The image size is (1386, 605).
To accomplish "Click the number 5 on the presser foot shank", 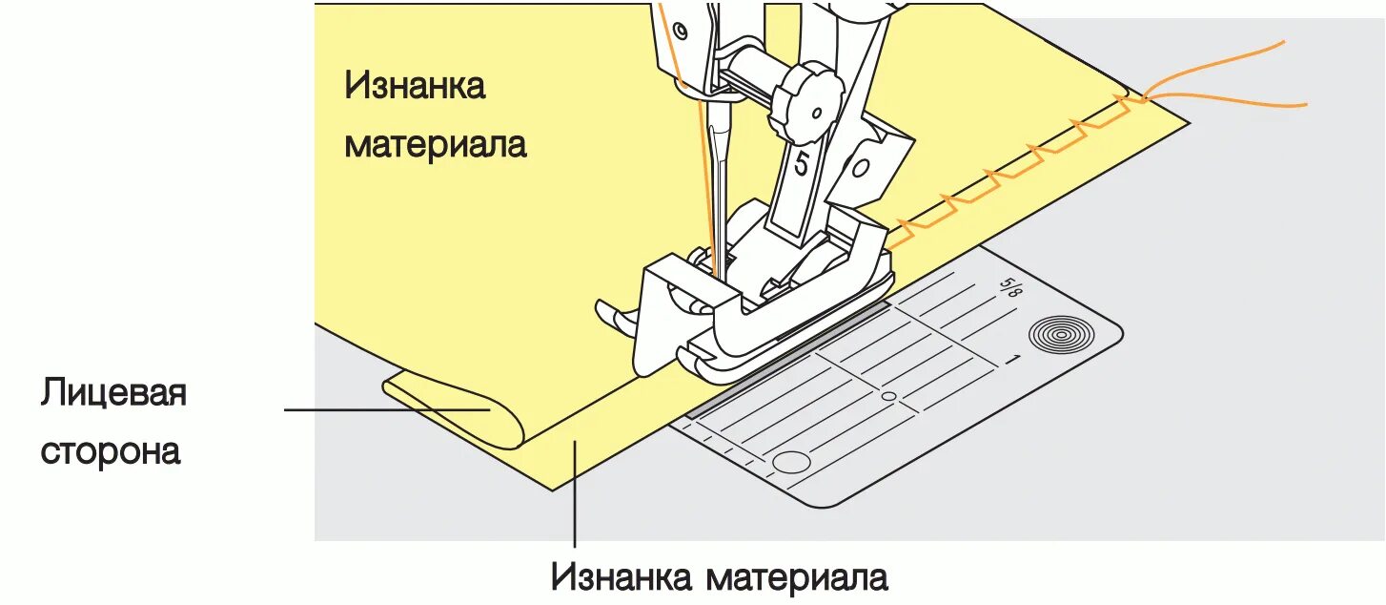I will pos(801,165).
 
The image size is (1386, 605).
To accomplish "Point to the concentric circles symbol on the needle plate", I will pos(1052,335).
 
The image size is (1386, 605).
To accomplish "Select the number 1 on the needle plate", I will pos(1013,361).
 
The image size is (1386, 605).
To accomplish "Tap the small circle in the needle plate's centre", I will pos(888,395).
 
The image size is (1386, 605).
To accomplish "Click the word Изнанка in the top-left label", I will pos(415,86).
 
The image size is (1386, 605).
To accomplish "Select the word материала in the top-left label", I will pos(435,145).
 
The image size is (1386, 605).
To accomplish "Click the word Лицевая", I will pos(112,393).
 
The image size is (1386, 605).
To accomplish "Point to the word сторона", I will pos(110,450).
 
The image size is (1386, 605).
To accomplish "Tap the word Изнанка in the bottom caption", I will pos(622,577).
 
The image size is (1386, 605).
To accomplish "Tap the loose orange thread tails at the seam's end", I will pos(1230,81).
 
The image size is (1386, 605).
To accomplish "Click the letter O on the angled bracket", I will pos(860,170).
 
